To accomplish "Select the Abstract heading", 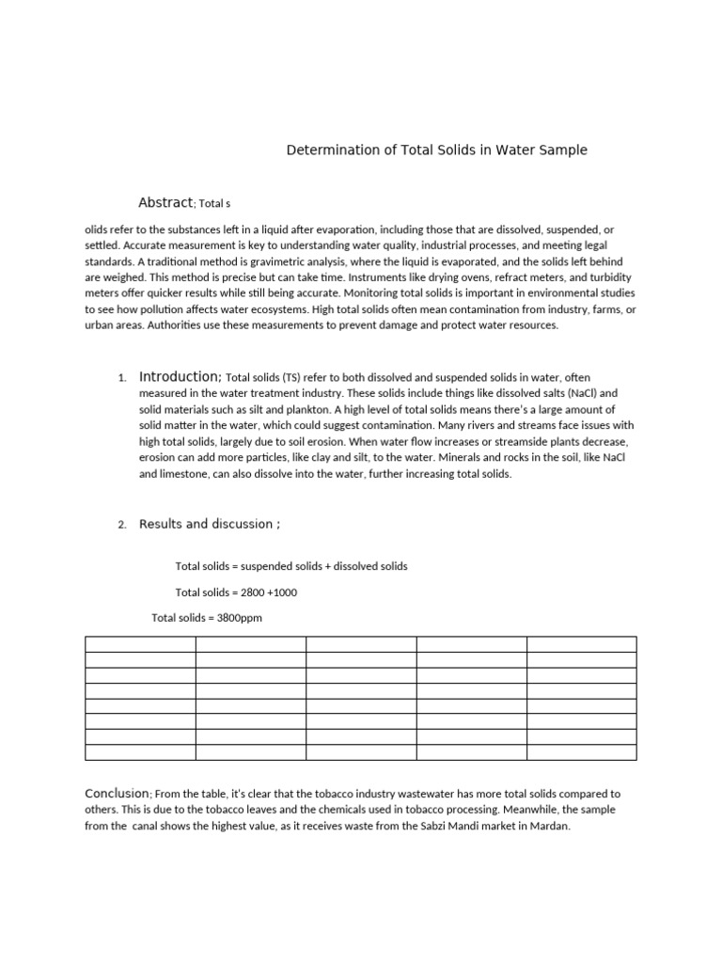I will coord(165,202).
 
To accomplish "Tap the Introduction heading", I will coord(180,376).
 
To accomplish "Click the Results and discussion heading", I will coord(209,524).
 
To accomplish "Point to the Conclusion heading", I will coord(117,794).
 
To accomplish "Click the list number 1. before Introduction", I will coord(122,378).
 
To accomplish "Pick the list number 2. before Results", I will coord(122,525).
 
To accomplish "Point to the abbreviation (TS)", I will coord(291,377).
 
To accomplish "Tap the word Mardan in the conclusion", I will coord(551,826).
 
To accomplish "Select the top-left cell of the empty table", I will coord(140,644).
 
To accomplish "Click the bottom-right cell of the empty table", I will coord(581,751).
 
